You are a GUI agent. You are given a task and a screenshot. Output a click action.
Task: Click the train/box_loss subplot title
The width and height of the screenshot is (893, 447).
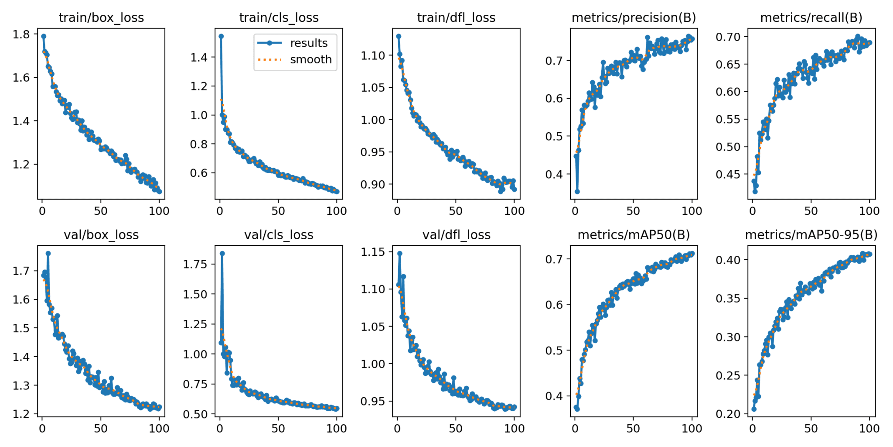(x=101, y=18)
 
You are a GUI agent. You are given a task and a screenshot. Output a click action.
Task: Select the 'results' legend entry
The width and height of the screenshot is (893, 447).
(x=308, y=43)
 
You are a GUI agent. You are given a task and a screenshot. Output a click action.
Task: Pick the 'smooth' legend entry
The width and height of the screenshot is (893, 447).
(x=310, y=59)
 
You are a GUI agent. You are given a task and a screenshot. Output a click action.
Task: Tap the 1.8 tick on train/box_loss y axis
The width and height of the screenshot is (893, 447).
(x=21, y=34)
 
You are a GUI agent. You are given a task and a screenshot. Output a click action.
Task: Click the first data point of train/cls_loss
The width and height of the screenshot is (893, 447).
(x=221, y=36)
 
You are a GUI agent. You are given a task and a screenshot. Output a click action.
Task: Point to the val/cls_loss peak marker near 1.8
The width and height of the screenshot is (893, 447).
(x=222, y=253)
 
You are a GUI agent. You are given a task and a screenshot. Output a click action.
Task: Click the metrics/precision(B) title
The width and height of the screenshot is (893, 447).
(x=634, y=18)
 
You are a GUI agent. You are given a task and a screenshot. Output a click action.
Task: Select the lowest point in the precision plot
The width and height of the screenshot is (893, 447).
(x=577, y=191)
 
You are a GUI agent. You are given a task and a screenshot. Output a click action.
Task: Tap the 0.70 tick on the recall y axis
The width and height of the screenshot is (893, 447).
(x=728, y=37)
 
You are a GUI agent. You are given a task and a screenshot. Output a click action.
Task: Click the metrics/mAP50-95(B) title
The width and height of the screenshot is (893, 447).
(x=811, y=235)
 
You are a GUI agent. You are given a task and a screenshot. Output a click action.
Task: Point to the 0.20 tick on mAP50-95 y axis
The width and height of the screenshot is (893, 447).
(x=728, y=414)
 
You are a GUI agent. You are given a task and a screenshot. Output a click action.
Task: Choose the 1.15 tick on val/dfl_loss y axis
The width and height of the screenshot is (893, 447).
(x=373, y=252)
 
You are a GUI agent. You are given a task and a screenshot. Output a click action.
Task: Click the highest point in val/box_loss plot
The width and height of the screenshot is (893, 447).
(x=48, y=253)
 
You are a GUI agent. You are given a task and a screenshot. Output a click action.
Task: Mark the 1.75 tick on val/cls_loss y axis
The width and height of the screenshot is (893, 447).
(x=195, y=264)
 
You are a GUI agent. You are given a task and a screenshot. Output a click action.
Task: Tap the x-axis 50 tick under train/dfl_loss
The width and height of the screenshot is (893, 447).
(x=456, y=211)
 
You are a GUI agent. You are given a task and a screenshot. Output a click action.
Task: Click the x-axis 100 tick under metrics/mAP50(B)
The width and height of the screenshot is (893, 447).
(x=692, y=429)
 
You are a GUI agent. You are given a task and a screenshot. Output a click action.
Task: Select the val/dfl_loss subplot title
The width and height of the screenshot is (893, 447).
(x=456, y=235)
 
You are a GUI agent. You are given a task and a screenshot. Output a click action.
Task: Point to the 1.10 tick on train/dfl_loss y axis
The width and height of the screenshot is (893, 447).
(x=373, y=55)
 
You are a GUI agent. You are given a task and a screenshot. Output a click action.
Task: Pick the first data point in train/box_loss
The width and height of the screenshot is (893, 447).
(x=44, y=36)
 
